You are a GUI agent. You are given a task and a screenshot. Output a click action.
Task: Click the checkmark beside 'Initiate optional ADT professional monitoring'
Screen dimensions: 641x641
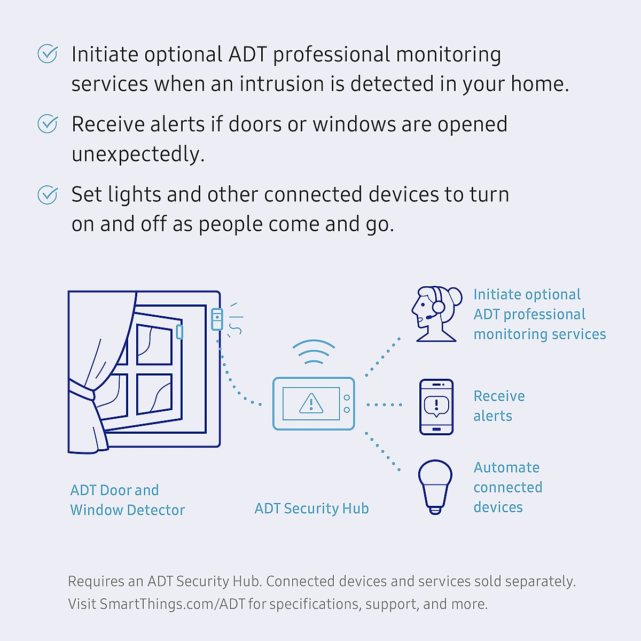click(x=48, y=53)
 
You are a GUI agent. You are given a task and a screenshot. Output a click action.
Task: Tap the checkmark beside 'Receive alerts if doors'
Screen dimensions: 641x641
click(x=48, y=123)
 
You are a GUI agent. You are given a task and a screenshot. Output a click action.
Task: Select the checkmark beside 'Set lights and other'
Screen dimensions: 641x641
click(x=48, y=194)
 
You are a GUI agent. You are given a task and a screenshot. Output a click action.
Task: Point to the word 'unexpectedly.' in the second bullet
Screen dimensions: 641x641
click(x=138, y=154)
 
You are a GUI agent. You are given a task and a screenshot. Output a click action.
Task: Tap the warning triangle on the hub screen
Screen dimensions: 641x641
click(x=311, y=403)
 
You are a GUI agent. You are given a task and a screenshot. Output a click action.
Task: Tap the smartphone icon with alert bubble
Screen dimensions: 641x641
click(x=436, y=407)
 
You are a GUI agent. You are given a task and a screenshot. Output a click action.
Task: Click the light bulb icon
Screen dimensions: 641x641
click(x=435, y=486)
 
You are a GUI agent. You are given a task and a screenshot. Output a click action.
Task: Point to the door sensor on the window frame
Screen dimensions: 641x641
click(x=217, y=319)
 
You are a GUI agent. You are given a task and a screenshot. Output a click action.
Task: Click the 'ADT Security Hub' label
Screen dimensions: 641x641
click(x=311, y=509)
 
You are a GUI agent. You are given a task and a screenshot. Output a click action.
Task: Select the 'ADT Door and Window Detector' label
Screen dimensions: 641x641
click(x=127, y=500)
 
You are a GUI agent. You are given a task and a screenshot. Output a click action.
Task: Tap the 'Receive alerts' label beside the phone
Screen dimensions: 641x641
click(x=499, y=406)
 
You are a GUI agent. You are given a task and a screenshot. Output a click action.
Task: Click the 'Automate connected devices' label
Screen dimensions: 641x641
click(x=507, y=487)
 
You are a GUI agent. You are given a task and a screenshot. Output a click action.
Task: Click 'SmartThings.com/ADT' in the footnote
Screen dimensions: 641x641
click(x=172, y=604)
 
